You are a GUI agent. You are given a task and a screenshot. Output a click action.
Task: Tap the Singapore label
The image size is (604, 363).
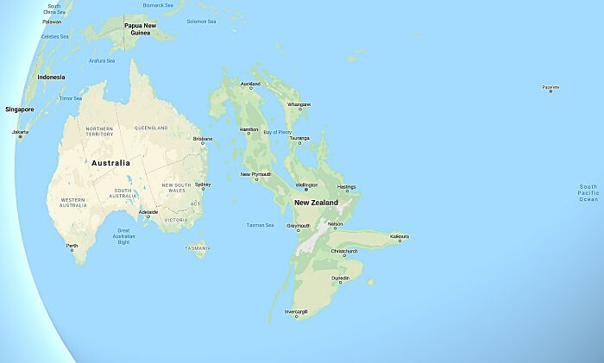[x=19, y=110]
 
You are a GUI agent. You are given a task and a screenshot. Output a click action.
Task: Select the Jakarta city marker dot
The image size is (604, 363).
[x=20, y=137]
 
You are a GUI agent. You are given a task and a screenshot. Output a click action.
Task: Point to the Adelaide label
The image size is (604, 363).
[x=148, y=211]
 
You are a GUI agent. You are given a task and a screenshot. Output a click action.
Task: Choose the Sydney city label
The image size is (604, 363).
[x=203, y=184]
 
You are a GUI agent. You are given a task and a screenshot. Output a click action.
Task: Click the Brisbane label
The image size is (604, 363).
[x=203, y=139]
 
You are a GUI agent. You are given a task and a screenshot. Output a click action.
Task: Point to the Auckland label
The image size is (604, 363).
[x=249, y=84]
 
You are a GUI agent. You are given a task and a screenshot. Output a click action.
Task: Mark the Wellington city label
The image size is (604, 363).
[x=306, y=185]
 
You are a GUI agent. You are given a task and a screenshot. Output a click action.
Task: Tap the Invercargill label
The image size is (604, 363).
[x=296, y=311]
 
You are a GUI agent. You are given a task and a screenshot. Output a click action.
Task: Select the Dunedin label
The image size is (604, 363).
[x=342, y=278]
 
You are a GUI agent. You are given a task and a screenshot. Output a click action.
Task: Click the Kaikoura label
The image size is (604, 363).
[x=399, y=235]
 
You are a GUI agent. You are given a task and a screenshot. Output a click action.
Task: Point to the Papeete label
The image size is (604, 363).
[x=550, y=87]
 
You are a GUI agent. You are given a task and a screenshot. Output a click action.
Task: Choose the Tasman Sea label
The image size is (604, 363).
[x=260, y=225]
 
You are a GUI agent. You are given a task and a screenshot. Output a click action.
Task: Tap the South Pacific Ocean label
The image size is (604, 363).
[x=588, y=193]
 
